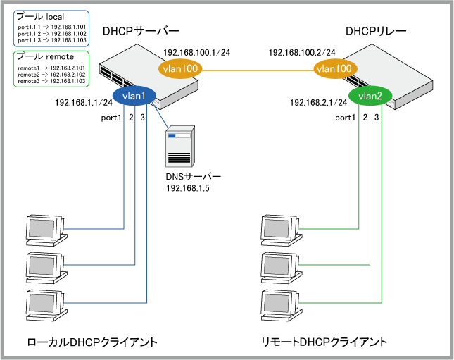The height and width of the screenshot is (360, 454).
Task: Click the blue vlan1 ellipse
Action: click(x=134, y=97)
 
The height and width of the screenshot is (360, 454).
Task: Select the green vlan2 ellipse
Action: click(x=370, y=97)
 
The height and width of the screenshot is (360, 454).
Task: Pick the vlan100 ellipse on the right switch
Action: click(x=334, y=68)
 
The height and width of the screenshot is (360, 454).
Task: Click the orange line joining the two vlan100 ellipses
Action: click(x=258, y=70)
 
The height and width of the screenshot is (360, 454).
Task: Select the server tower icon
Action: click(x=179, y=147)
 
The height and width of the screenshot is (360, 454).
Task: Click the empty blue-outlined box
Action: click(x=51, y=28)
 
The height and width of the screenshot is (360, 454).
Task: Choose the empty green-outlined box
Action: click(x=51, y=68)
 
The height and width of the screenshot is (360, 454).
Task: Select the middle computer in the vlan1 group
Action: click(x=44, y=266)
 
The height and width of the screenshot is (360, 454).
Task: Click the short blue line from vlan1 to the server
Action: click(x=162, y=117)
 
